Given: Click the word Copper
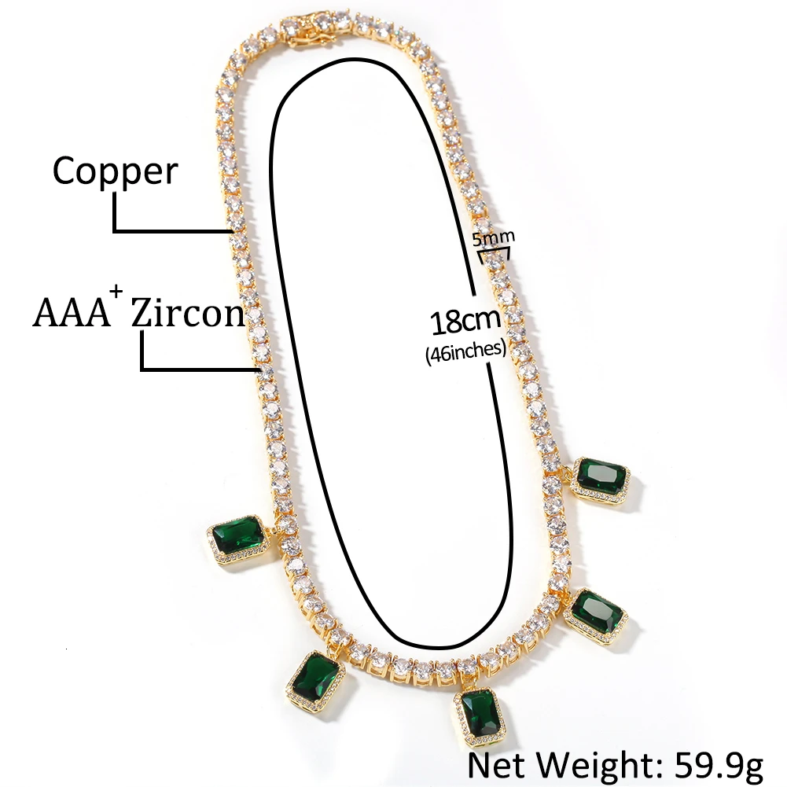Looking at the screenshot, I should pos(115,171).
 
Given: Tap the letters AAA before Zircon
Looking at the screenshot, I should pos(70,312).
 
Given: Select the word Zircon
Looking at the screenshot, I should pos(187,312).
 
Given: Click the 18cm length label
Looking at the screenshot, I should pos(465,322).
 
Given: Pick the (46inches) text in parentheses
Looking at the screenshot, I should pos(465,351).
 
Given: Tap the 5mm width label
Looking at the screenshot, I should pos(494,236).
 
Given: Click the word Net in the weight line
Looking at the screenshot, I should pos(496,763).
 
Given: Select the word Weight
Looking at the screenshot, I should pos(595,763).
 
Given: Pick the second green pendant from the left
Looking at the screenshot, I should pos(315,678).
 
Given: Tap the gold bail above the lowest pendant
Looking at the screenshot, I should pos(469,680).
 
